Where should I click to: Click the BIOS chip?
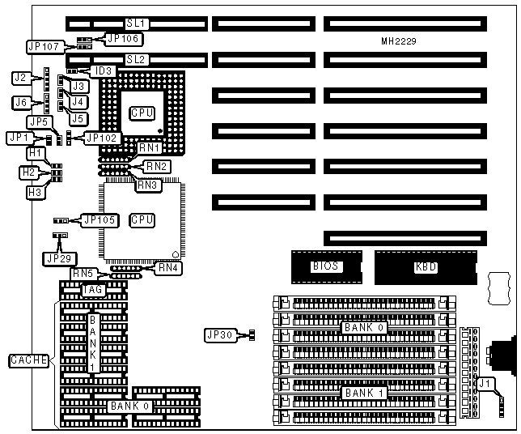pyautogui.click(x=324, y=266)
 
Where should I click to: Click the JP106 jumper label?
pyautogui.click(x=124, y=37)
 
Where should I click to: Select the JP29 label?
pyautogui.click(x=57, y=257)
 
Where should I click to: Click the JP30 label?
pyautogui.click(x=220, y=334)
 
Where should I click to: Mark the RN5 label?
pyautogui.click(x=83, y=274)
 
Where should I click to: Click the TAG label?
pyautogui.click(x=92, y=289)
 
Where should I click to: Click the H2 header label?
pyautogui.click(x=28, y=172)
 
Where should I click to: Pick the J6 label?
pyautogui.click(x=22, y=102)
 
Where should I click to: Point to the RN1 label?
pyautogui.click(x=150, y=148)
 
